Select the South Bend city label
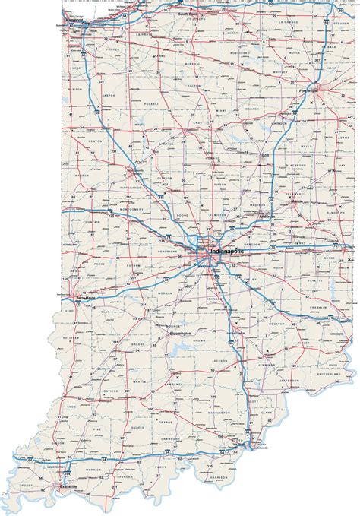[x=188, y=14]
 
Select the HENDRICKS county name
[x=169, y=248]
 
